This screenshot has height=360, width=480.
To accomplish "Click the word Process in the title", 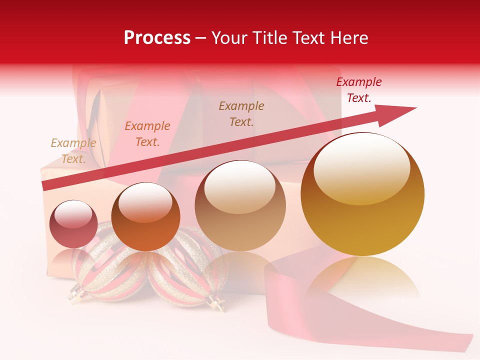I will point(157,38).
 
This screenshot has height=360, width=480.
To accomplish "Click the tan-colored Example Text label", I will point(73,151).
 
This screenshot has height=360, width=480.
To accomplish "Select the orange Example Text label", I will point(147,134).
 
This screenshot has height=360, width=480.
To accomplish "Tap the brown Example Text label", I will point(241,113).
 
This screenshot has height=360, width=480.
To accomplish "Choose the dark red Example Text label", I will point(359,90).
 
